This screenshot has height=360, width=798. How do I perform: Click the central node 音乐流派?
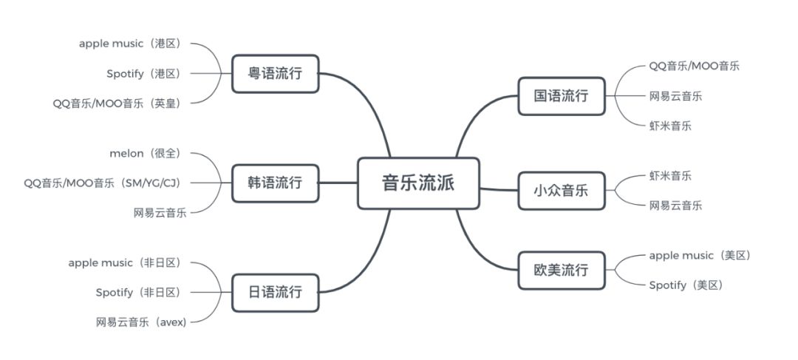(x=418, y=183)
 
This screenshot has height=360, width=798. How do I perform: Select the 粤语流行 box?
(x=275, y=73)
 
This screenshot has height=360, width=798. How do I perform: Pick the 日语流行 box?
(x=275, y=292)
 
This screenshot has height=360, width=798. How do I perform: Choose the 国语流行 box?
(x=561, y=95)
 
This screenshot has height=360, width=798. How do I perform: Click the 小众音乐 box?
(x=561, y=190)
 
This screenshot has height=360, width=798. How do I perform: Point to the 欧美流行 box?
(x=561, y=270)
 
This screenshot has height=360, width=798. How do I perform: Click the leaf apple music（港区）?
(x=130, y=44)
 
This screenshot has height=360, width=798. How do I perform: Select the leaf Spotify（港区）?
(x=143, y=73)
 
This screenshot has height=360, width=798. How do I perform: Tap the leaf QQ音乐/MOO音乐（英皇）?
(x=117, y=103)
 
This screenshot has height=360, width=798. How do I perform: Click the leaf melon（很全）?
(x=145, y=153)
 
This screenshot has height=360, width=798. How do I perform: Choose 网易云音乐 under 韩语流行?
(x=160, y=213)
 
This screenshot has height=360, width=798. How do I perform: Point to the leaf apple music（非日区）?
(x=124, y=262)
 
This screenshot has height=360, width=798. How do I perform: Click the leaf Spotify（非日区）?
(x=138, y=292)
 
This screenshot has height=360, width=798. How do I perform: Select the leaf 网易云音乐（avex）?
(x=141, y=322)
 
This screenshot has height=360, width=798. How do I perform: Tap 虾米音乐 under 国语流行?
(x=670, y=126)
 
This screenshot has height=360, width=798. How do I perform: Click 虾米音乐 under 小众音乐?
(x=670, y=175)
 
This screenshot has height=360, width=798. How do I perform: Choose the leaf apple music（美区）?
(x=700, y=255)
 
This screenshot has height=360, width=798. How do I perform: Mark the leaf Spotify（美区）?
(x=686, y=285)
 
